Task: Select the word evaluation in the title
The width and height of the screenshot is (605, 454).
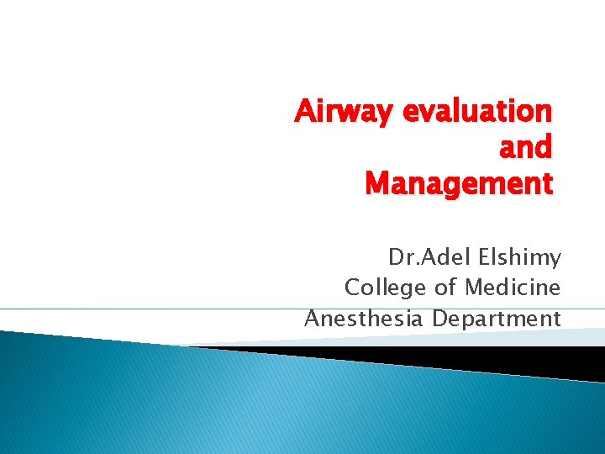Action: click(x=479, y=111)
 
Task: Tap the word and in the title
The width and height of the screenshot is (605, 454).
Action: click(x=526, y=147)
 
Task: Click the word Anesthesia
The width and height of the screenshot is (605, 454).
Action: click(x=364, y=319)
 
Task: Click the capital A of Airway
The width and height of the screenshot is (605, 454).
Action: click(x=303, y=111)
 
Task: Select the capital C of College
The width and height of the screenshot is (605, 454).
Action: click(x=353, y=288)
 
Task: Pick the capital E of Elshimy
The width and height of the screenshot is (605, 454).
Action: click(x=476, y=256)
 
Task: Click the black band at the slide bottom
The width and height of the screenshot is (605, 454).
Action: click(x=471, y=357)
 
